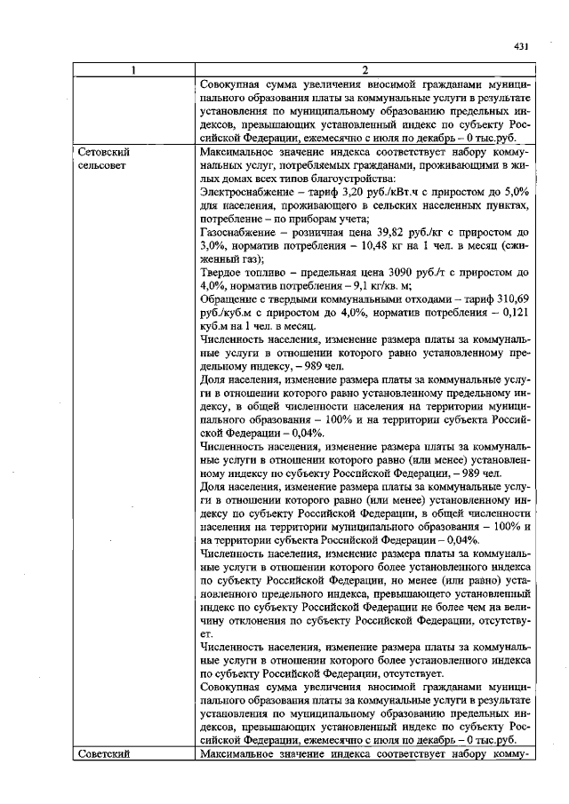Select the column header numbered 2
[x=365, y=70]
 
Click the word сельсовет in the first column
[x=102, y=166]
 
